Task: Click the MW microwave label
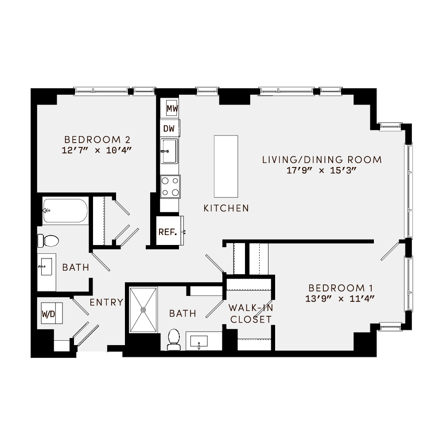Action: pos(172,108)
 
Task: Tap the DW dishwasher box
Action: pos(169,128)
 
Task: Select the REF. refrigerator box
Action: pos(168,231)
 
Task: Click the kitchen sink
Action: pos(169,151)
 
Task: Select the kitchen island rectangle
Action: pos(225,166)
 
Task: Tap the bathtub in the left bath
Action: pos(65,211)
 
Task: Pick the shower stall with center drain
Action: pos(143,310)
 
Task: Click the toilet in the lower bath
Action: pos(174,339)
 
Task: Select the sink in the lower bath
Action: pos(199,341)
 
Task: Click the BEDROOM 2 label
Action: pos(97,138)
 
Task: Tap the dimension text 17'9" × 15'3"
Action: pos(322,171)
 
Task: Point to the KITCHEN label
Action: pos(226,208)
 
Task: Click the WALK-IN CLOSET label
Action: pos(249,313)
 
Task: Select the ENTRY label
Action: pos(106,303)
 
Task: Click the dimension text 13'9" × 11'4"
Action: pos(340,298)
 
